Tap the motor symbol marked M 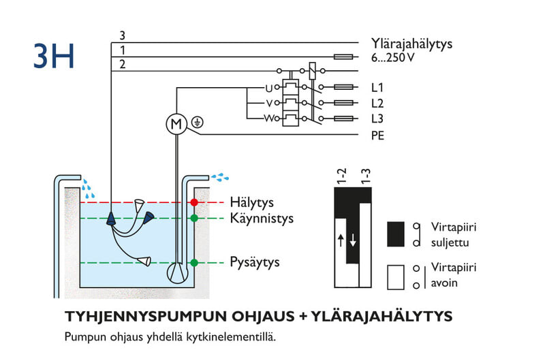coord(176,123)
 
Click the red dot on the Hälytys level coord(194,202)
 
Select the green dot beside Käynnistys coord(194,219)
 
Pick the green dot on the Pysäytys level coord(194,262)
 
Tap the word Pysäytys coord(255,262)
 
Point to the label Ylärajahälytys coord(411,44)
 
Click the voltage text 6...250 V coord(393,58)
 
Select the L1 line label coord(377,88)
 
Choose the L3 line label coord(377,119)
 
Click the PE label coord(377,136)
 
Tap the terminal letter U coord(268,88)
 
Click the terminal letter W coord(268,119)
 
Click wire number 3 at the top coord(122,35)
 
